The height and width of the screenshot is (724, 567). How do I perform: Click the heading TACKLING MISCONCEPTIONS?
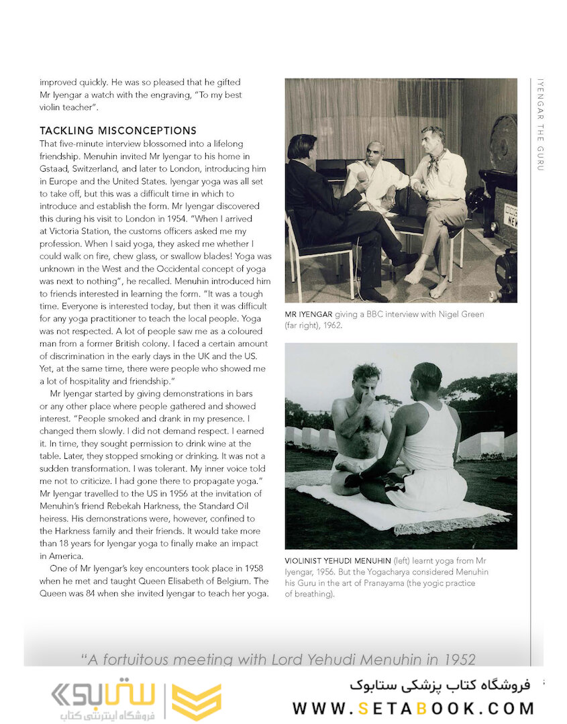(118, 131)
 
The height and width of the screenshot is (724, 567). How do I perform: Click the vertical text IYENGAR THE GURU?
(540, 125)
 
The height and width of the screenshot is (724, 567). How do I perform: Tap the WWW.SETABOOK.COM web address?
(413, 708)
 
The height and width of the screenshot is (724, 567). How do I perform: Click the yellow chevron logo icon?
(197, 701)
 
